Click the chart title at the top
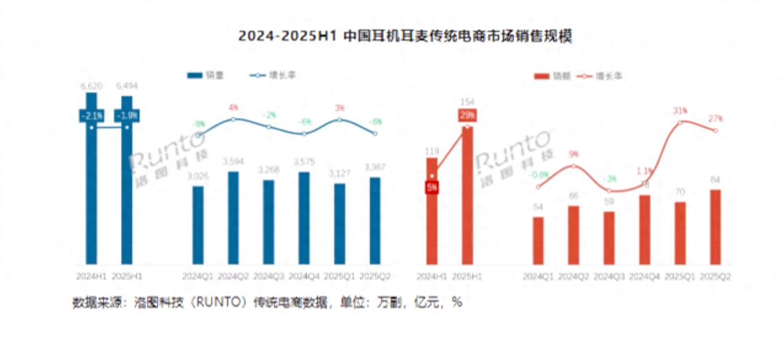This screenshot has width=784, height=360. (x=405, y=36)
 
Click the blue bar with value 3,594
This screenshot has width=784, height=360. (x=233, y=218)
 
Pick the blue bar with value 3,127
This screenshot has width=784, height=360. (x=339, y=225)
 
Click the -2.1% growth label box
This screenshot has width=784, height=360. (x=92, y=116)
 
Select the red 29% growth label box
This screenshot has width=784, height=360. (x=466, y=116)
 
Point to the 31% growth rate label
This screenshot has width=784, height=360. (x=680, y=111)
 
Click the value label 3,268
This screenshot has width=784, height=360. (x=268, y=169)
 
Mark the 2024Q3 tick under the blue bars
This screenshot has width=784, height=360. (x=268, y=277)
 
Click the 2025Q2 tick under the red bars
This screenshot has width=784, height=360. (x=715, y=277)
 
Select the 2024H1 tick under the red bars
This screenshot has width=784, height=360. (x=432, y=277)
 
